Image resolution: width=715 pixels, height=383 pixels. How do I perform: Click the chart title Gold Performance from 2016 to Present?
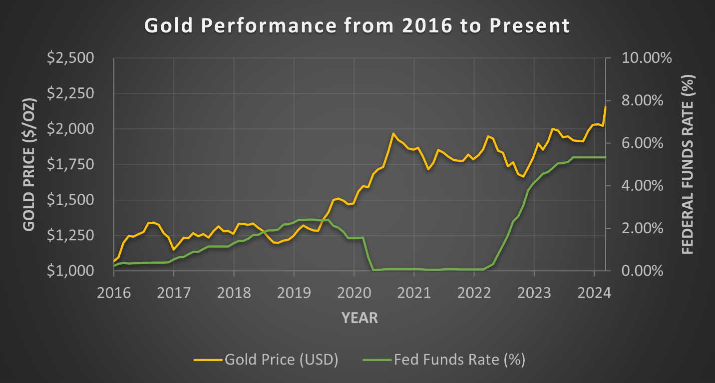click(357, 25)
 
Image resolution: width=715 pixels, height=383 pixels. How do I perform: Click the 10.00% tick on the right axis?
click(647, 58)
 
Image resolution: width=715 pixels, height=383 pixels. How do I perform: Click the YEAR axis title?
click(359, 318)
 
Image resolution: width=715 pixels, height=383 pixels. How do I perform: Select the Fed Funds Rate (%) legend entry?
click(443, 360)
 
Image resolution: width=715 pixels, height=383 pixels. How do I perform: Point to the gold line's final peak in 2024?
click(606, 106)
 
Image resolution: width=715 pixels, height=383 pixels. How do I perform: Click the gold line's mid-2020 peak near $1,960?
click(393, 134)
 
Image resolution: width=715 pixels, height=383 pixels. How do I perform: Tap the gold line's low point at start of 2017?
click(173, 249)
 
